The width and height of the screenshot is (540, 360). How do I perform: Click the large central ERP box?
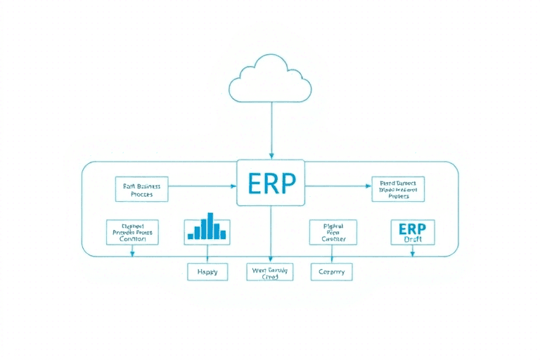pos(271,181)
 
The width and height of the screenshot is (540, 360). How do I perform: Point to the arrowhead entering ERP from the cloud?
pos(271,155)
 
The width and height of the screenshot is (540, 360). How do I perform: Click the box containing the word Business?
pos(141,189)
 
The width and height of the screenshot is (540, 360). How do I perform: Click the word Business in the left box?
pos(148,186)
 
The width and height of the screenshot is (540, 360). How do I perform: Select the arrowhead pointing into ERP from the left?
pos(233,186)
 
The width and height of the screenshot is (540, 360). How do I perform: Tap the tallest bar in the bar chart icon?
pos(210,225)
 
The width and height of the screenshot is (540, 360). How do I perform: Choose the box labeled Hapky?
pos(207,271)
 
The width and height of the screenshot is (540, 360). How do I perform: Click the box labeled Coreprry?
pos(332,271)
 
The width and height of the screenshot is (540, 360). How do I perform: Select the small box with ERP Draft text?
pos(412,232)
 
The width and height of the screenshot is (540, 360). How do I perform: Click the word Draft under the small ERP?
pos(412,239)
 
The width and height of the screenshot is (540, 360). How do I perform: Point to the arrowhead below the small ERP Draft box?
pos(412,254)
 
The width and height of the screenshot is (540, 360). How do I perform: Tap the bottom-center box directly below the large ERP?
pos(271,272)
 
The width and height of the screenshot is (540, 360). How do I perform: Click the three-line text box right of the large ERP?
pos(398,189)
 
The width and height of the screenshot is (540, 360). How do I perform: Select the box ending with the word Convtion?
pos(132,232)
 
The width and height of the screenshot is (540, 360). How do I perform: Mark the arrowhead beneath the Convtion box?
pos(132,254)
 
